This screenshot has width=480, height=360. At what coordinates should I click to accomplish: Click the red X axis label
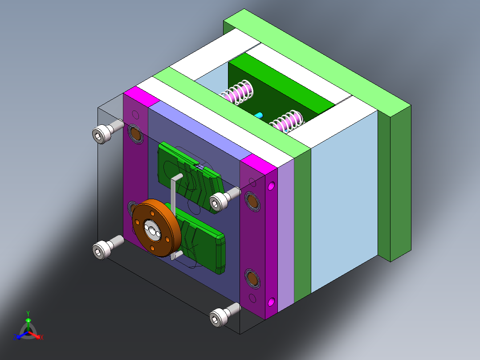pos(41,338)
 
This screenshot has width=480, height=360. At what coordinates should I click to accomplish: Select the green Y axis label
pos(28,313)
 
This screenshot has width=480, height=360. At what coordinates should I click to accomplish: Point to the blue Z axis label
pos(15,337)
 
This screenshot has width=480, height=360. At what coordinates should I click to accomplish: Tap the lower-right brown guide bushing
pos(252,279)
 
